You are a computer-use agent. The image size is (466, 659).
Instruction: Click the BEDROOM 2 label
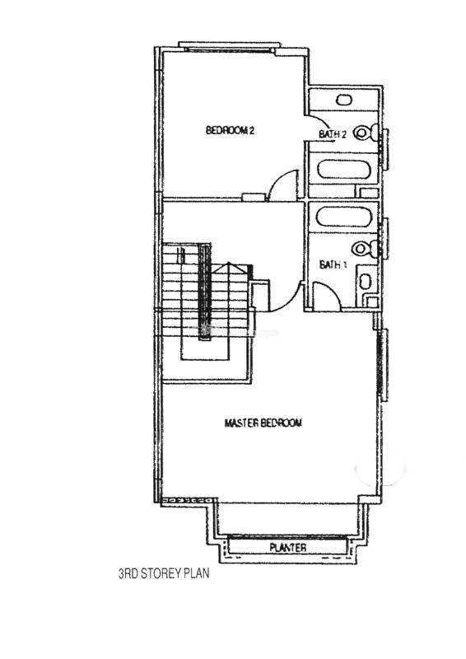230,130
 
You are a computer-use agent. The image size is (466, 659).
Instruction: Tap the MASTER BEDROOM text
263,423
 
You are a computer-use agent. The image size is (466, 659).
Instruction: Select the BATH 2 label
333,134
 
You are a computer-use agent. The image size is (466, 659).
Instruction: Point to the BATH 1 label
333,264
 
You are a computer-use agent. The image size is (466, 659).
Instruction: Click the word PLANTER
288,548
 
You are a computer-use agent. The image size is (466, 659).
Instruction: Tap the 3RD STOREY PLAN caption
164,573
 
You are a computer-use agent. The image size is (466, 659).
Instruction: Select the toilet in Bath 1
366,249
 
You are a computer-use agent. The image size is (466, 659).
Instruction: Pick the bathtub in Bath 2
344,170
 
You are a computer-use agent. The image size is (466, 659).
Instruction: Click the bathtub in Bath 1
343,217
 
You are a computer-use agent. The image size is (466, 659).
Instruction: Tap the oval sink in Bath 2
344,100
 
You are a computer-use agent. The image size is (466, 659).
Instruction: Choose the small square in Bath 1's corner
371,301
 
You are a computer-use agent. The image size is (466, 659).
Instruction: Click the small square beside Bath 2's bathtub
369,193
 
